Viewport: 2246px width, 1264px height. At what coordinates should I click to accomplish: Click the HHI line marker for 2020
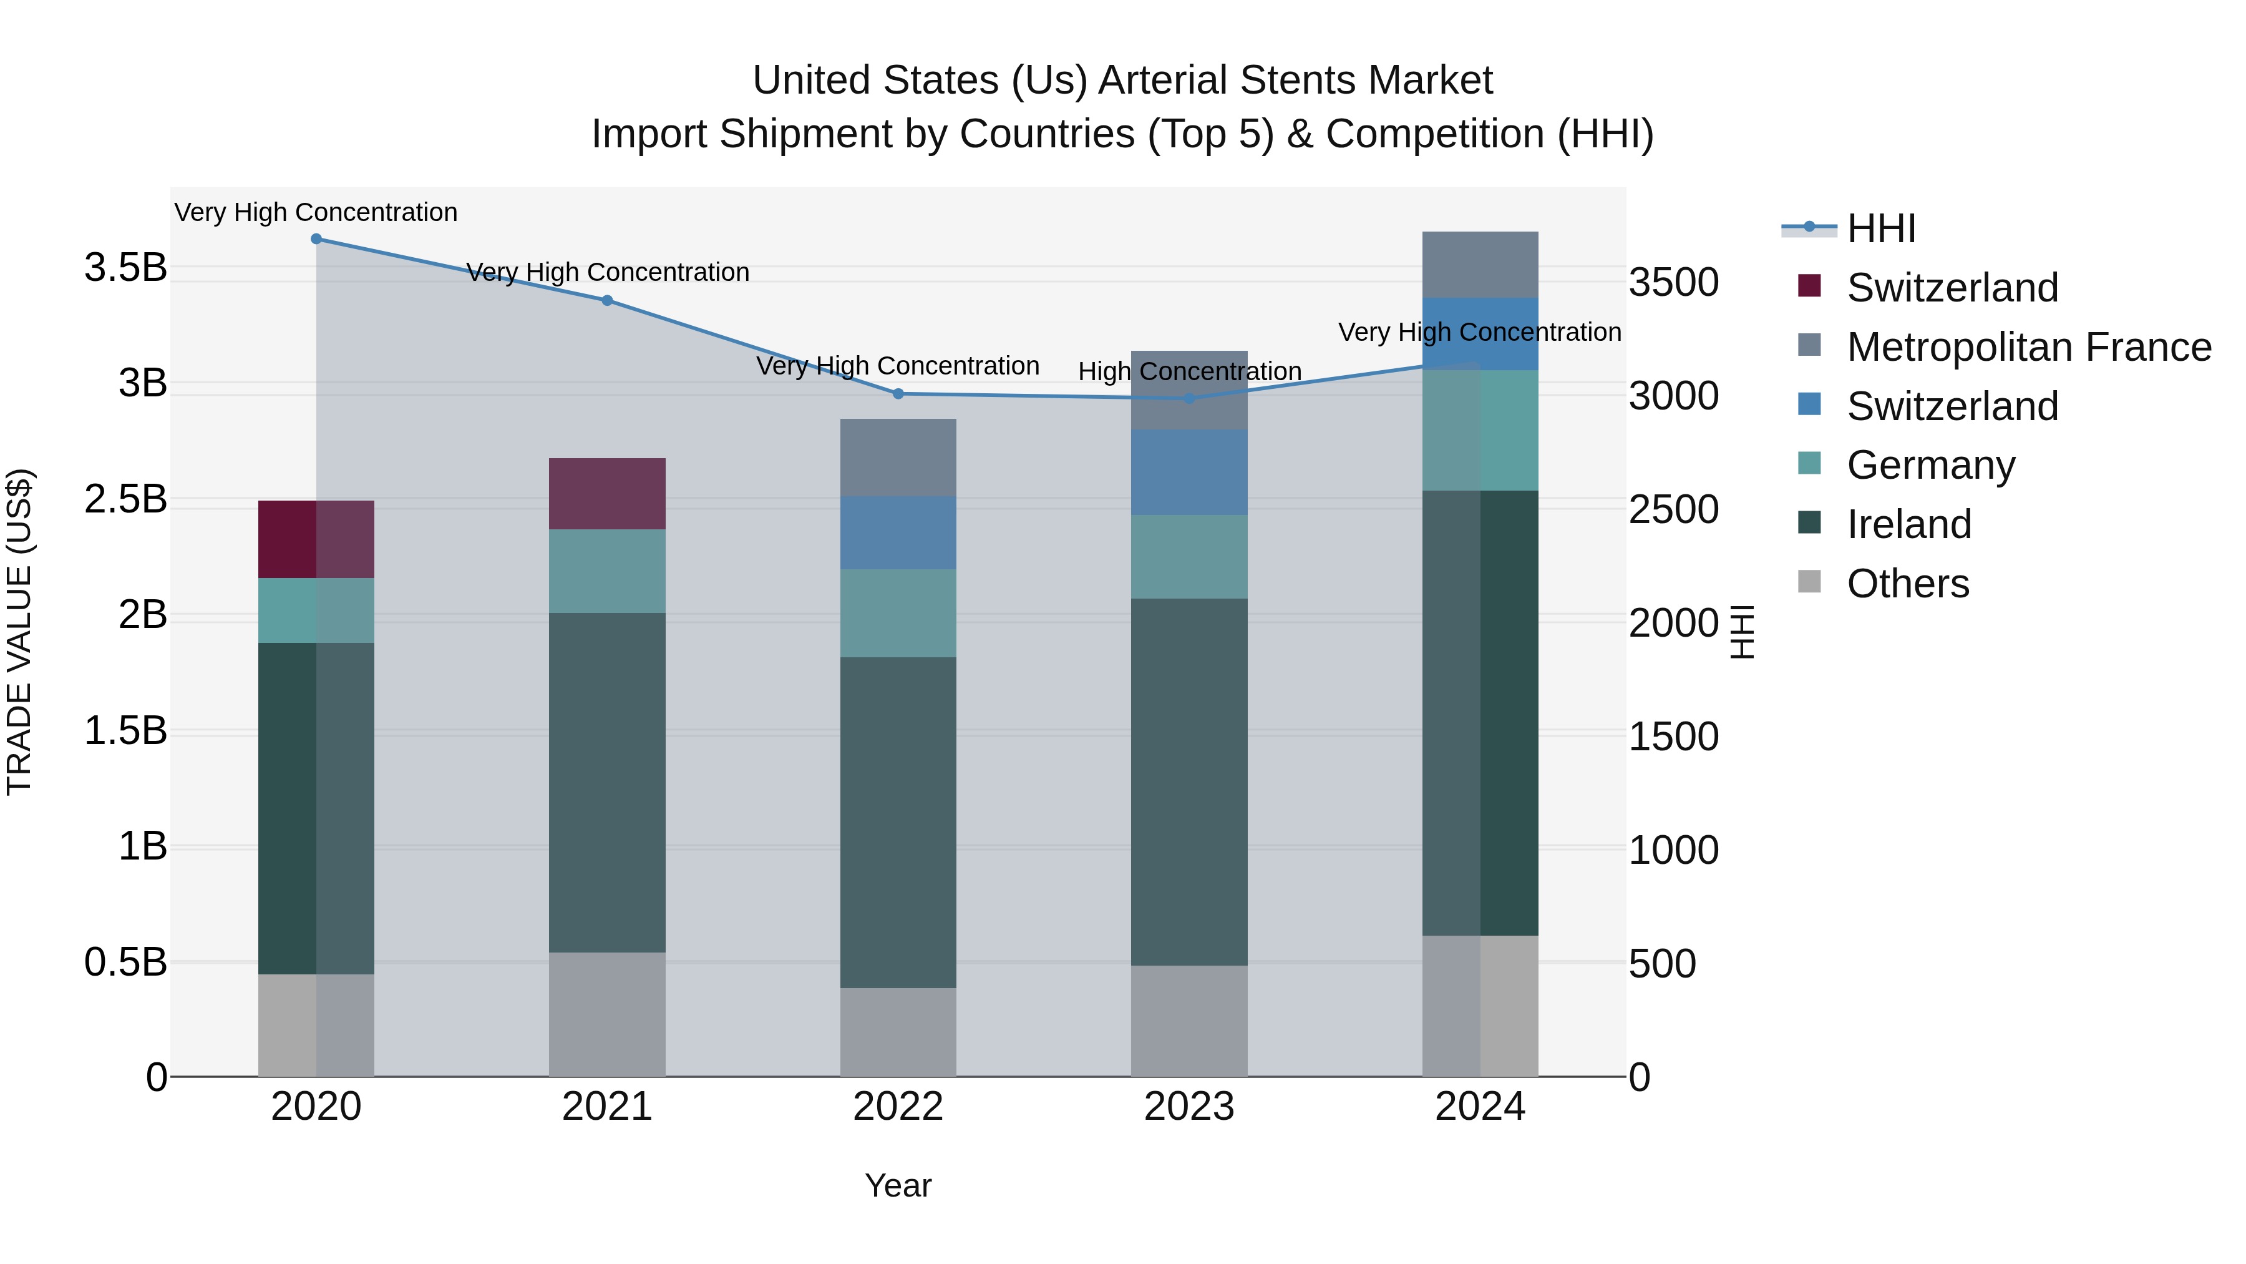316,239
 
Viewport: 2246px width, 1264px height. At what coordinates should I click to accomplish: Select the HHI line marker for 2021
607,301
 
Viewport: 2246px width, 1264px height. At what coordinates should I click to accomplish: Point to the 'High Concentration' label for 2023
1189,371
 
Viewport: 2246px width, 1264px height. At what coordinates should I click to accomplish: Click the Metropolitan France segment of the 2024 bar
1480,264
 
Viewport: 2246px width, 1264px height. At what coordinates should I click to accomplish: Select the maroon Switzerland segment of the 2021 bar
607,494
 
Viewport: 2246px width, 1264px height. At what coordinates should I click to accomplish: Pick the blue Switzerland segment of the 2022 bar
898,533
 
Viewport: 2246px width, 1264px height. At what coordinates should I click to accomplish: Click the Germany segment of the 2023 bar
1189,557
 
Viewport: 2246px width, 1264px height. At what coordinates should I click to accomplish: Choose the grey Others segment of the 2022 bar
898,1032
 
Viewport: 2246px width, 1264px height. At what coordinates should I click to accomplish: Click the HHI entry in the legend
1880,228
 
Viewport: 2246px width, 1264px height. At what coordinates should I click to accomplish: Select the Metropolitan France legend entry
2028,347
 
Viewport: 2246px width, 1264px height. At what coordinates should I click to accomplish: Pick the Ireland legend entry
1908,524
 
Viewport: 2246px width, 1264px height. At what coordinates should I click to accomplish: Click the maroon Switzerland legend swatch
1809,286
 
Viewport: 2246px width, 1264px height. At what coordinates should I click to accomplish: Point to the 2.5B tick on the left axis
125,500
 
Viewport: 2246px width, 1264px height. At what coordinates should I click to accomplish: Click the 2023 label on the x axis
1189,1107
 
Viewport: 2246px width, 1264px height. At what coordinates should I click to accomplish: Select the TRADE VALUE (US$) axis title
19,632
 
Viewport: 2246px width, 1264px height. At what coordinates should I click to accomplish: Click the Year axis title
898,1185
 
